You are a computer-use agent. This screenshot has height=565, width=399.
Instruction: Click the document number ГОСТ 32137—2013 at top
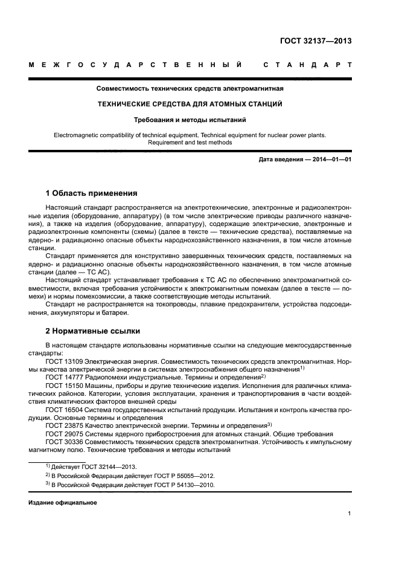point(316,41)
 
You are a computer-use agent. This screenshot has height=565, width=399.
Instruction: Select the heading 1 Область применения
point(92,194)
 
